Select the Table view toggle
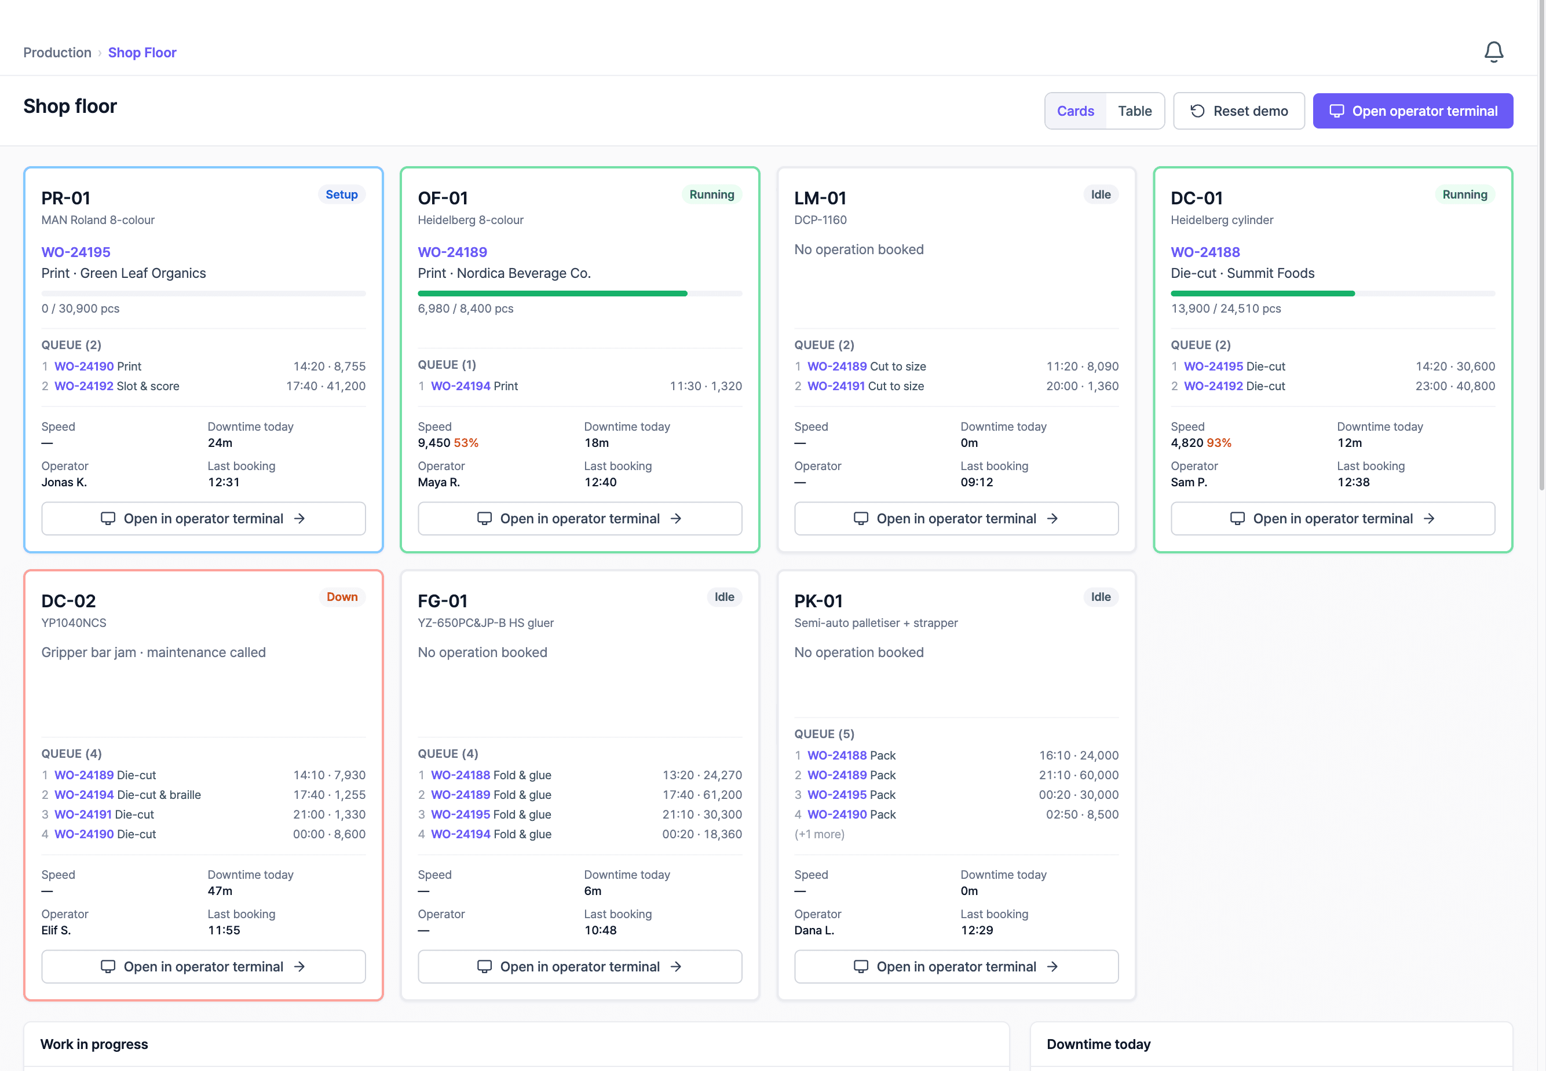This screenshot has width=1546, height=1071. (x=1135, y=111)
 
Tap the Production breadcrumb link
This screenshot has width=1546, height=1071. (x=57, y=52)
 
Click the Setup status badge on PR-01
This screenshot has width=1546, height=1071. (x=342, y=195)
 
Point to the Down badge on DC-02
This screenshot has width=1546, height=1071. (x=342, y=596)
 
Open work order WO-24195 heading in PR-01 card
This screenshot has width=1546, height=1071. (x=76, y=252)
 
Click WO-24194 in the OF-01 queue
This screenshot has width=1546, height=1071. (x=461, y=386)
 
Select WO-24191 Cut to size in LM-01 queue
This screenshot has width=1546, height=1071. (x=865, y=386)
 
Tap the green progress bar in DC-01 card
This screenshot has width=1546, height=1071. (x=1263, y=294)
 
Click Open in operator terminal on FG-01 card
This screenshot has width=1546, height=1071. (x=580, y=966)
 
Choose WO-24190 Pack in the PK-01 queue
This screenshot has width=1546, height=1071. (x=851, y=814)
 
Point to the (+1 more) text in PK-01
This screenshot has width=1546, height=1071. (x=819, y=834)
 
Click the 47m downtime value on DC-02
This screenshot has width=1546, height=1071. (x=220, y=891)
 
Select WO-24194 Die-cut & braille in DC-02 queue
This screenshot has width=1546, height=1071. (x=127, y=794)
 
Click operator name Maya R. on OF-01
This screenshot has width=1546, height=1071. (x=438, y=482)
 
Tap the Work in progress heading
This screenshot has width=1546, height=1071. (x=94, y=1044)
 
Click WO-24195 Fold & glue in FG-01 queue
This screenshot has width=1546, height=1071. (x=491, y=814)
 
